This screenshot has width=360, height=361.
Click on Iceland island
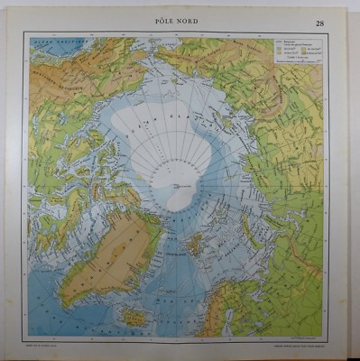click(135, 315)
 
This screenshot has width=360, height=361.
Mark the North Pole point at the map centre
click(180, 186)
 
